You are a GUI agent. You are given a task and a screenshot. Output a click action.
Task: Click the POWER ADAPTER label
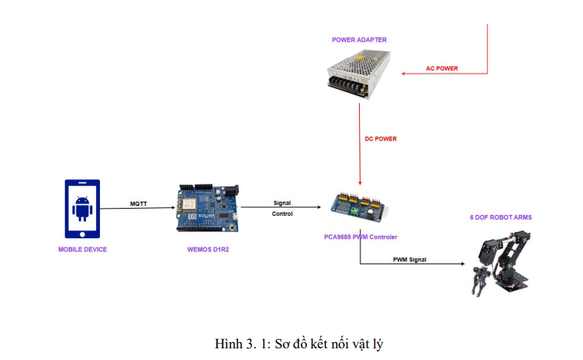[x=359, y=40]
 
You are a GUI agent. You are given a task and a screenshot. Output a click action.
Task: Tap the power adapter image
[x=359, y=74]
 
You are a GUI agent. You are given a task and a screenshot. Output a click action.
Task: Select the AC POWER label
[x=442, y=68]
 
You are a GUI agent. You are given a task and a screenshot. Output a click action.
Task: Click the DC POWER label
[x=381, y=139]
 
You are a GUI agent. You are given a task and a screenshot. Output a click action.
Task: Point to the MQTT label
[x=140, y=204]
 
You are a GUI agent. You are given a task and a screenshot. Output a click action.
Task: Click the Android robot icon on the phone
[x=82, y=208]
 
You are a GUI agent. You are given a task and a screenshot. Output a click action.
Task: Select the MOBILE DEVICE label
[x=82, y=249]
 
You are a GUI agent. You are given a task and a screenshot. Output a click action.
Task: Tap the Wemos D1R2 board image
[x=207, y=208]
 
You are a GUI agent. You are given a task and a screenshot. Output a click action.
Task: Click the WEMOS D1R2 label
[x=207, y=249]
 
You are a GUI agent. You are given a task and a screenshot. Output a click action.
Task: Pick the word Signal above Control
[x=282, y=202]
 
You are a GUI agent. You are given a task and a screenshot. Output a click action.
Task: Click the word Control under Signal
[x=282, y=213]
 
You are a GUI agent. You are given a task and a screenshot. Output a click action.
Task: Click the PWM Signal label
[x=409, y=259]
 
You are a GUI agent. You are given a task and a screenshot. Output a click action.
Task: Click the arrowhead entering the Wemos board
[x=172, y=208]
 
